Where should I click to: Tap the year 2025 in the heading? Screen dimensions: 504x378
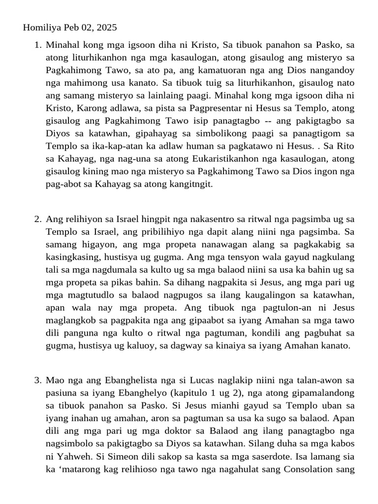pos(106,28)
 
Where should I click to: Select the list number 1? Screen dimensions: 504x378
pos(37,45)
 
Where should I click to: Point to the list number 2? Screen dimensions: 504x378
pos(37,219)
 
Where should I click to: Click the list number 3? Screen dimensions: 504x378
pos(37,380)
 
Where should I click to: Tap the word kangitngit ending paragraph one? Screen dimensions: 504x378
pos(193,184)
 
